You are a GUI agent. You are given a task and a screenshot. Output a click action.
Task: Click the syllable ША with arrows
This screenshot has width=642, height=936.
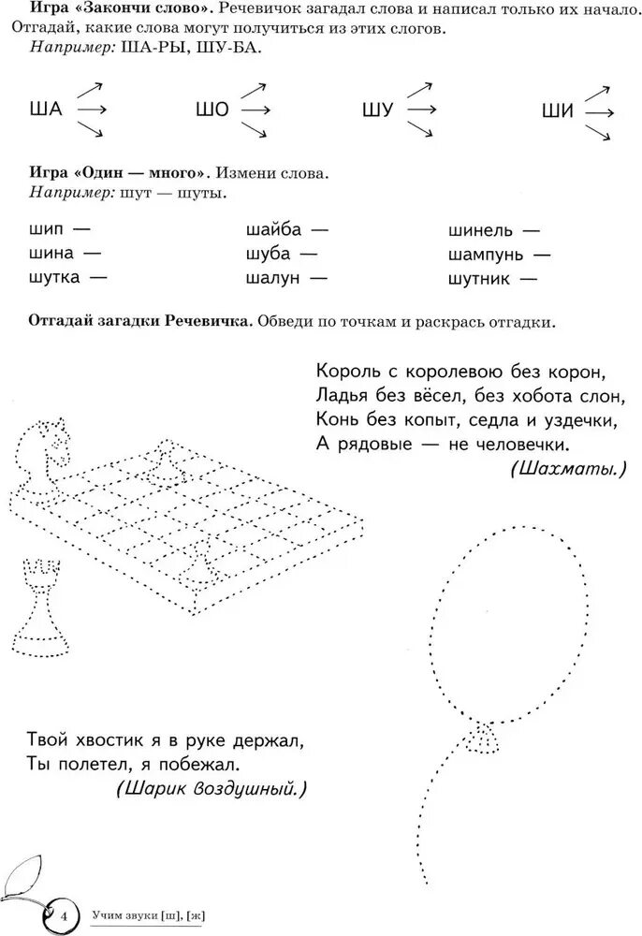coord(46,110)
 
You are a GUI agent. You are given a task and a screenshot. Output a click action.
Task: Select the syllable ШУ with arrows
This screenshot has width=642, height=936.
coord(377,110)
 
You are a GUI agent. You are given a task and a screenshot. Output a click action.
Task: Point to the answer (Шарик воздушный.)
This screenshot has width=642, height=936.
coord(211,789)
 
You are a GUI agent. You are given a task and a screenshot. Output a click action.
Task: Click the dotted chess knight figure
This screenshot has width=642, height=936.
coord(50,445)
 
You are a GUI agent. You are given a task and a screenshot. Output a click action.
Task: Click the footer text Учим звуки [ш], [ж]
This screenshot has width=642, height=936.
coord(147,914)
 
